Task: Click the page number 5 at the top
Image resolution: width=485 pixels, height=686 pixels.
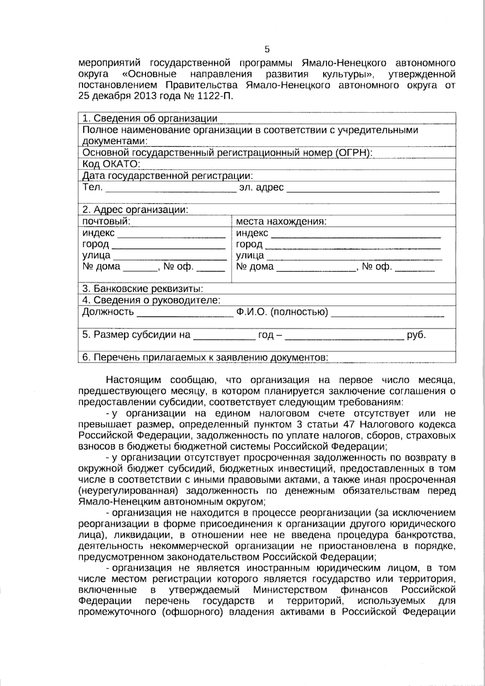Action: click(267, 49)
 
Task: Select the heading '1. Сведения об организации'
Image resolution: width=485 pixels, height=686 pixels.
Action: click(150, 118)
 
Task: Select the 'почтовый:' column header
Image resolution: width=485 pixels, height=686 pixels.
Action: click(106, 222)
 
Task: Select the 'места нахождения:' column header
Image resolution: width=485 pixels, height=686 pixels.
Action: click(281, 222)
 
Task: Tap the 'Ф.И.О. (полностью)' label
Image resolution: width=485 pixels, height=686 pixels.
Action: click(282, 312)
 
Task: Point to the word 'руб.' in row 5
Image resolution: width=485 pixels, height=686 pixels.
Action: click(417, 335)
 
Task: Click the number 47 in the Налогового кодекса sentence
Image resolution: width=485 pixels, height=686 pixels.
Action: click(349, 424)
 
